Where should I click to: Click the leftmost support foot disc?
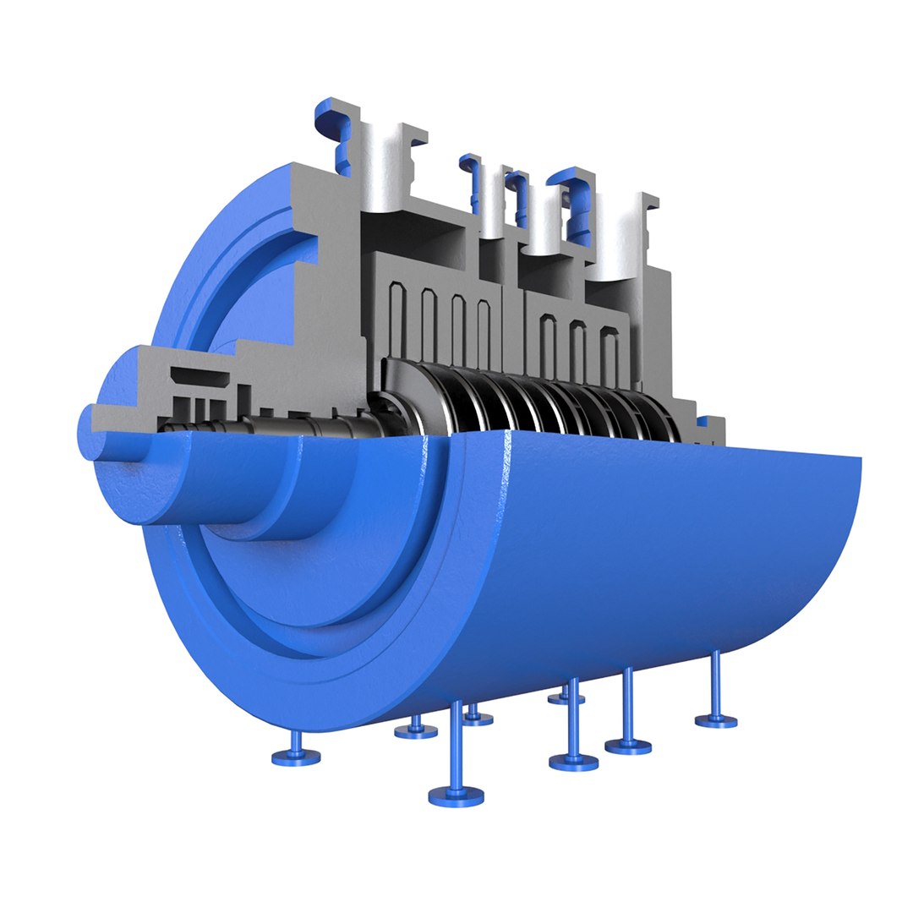click(x=296, y=757)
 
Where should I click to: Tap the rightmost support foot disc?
click(x=716, y=721)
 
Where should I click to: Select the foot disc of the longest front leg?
click(x=456, y=795)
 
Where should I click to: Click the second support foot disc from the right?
click(x=628, y=746)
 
